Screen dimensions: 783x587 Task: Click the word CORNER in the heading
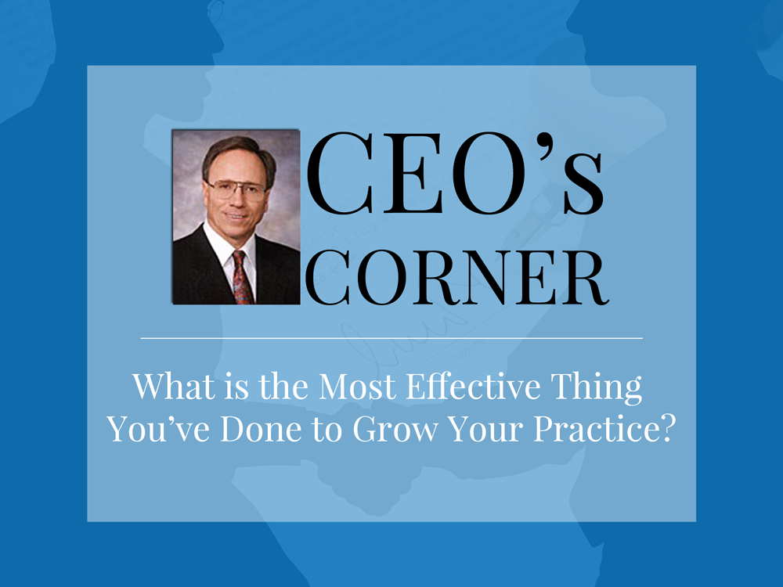[x=456, y=278]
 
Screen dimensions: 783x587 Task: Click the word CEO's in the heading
[x=455, y=174]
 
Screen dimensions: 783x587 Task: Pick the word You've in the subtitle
[x=158, y=429]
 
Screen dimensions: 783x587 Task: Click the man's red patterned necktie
[x=242, y=278]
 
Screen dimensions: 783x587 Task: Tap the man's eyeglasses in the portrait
[x=236, y=190]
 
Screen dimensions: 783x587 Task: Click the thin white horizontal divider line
[x=391, y=338]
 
